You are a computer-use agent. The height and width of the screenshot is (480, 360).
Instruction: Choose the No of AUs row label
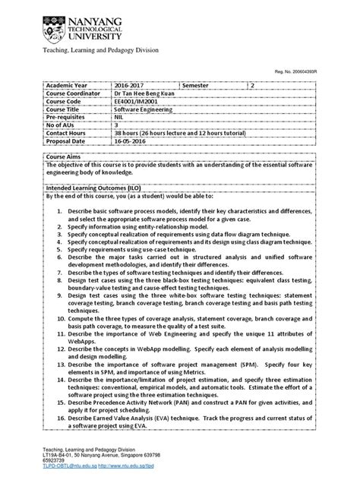click(65, 122)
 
